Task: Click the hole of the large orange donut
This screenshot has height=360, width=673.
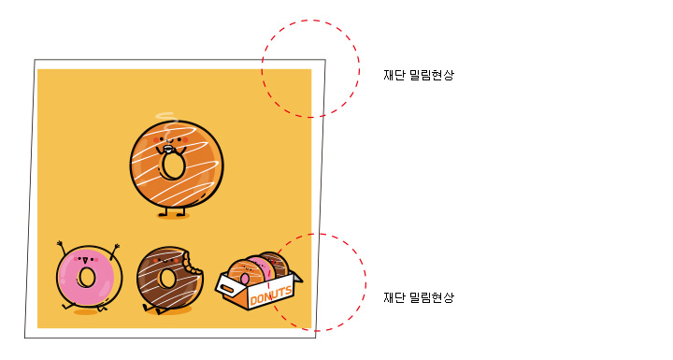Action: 173,166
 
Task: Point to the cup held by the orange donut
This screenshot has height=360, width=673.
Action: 167,150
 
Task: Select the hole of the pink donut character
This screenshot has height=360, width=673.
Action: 87,277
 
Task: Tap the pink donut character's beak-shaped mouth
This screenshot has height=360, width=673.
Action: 84,260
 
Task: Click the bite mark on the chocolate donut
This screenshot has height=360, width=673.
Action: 192,262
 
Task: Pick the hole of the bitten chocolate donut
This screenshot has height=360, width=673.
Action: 167,278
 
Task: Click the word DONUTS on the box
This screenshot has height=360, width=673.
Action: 271,295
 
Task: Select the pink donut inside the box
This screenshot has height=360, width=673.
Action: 259,269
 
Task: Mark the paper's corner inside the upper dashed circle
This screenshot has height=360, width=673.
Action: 325,60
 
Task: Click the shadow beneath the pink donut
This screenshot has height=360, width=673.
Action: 86,312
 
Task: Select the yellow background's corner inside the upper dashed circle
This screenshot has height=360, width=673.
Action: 311,69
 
